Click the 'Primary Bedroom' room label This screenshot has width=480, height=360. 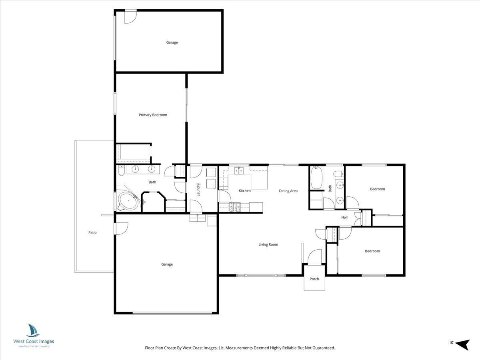[153, 115]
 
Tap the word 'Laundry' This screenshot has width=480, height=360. [198, 189]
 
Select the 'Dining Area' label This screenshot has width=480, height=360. [288, 191]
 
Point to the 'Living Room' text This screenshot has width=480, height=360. [268, 244]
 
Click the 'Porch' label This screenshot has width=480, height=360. [314, 279]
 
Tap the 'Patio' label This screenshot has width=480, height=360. [92, 232]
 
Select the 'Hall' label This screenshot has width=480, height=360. [344, 218]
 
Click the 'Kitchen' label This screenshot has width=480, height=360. [245, 191]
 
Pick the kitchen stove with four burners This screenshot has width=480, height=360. [234, 206]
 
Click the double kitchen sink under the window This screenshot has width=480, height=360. [239, 171]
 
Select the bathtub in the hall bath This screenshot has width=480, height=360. [316, 178]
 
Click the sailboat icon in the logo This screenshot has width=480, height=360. [33, 330]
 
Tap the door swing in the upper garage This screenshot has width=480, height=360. [130, 17]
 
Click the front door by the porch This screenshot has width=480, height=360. [315, 257]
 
